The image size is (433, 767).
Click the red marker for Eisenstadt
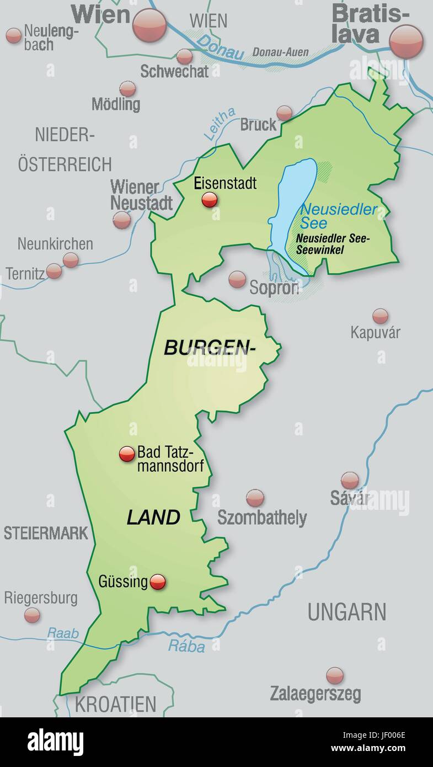(x=210, y=200)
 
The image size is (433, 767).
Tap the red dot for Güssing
(x=158, y=582)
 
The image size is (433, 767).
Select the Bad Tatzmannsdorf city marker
(x=127, y=454)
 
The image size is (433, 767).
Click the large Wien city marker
(x=149, y=25)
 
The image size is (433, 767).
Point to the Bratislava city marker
(x=406, y=41)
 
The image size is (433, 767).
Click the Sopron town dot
(x=237, y=279)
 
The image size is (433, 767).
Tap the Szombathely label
(x=262, y=518)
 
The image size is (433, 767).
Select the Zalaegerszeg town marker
(x=335, y=675)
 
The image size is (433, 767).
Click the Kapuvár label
(x=375, y=332)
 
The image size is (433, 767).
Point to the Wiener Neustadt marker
(x=122, y=220)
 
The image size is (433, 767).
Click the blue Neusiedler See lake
(x=292, y=204)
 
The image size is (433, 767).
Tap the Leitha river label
(x=219, y=124)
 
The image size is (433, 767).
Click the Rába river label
(x=186, y=646)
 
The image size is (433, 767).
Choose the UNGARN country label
(x=347, y=612)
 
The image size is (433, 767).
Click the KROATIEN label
(x=116, y=704)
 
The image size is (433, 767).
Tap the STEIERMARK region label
(x=46, y=533)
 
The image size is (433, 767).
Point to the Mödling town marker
(x=127, y=88)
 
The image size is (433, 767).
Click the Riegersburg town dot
(x=32, y=615)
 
